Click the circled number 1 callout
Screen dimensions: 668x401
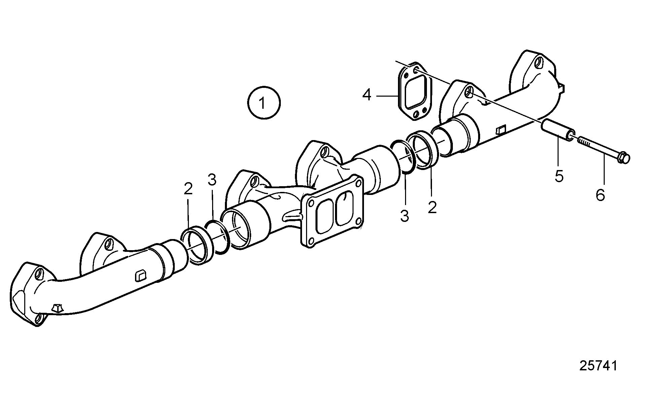click(264, 103)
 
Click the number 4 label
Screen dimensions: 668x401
click(367, 95)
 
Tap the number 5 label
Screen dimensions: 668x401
click(559, 176)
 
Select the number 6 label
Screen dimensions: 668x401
click(600, 195)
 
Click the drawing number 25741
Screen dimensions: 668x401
click(598, 366)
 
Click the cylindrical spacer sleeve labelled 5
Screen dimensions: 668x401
click(558, 130)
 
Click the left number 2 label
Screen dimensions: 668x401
click(188, 189)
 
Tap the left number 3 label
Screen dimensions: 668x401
click(212, 180)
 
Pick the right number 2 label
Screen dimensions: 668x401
click(432, 207)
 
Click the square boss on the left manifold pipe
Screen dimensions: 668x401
click(140, 276)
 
